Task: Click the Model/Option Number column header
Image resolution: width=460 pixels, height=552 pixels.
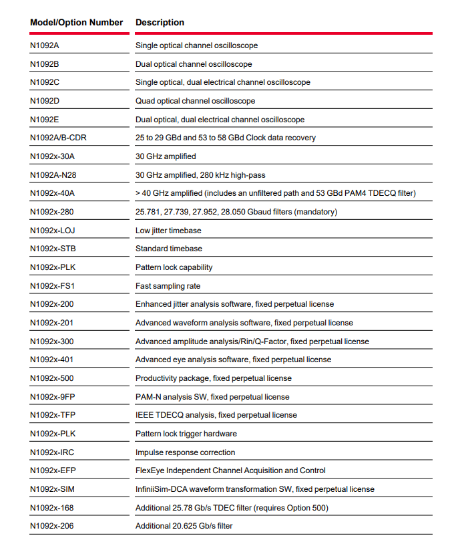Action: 77,23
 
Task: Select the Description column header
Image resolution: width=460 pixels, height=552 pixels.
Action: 160,23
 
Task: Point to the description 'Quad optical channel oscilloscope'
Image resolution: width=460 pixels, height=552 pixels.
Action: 195,101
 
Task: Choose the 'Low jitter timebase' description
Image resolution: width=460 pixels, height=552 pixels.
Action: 168,231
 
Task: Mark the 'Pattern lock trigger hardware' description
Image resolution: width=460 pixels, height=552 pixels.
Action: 186,434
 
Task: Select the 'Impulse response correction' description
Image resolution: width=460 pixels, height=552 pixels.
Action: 185,452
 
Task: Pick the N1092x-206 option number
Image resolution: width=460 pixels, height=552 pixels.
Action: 52,526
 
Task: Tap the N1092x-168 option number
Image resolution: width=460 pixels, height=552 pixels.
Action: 52,508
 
